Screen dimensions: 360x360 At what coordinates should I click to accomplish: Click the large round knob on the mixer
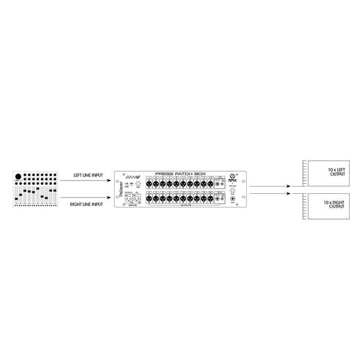17,176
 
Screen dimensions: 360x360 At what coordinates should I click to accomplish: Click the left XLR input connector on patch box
128,199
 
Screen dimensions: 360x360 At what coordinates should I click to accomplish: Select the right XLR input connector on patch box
137,199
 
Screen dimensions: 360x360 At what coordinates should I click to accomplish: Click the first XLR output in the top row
148,183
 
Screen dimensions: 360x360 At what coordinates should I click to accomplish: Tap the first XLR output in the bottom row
148,199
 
